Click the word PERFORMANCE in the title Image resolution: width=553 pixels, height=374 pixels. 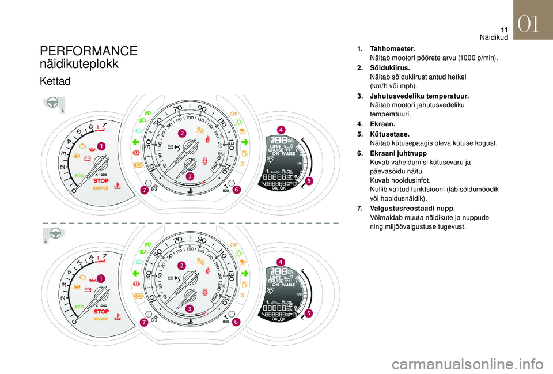[89, 51]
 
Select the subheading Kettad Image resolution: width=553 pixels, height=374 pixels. [55, 81]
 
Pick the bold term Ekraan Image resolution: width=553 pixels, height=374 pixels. [382, 124]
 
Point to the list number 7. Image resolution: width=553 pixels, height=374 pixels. [359, 208]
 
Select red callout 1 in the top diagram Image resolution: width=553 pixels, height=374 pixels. [101, 147]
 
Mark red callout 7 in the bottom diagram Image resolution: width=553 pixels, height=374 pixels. [143, 323]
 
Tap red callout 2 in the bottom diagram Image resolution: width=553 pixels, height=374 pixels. [182, 266]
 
